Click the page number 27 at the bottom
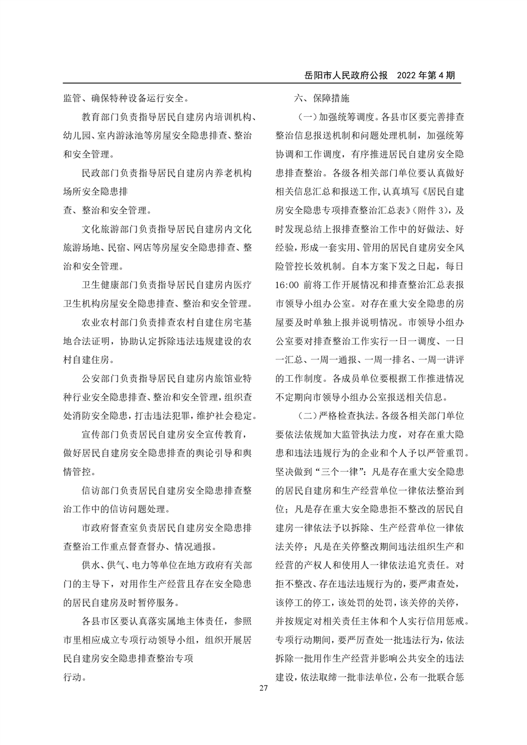pyautogui.click(x=263, y=688)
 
